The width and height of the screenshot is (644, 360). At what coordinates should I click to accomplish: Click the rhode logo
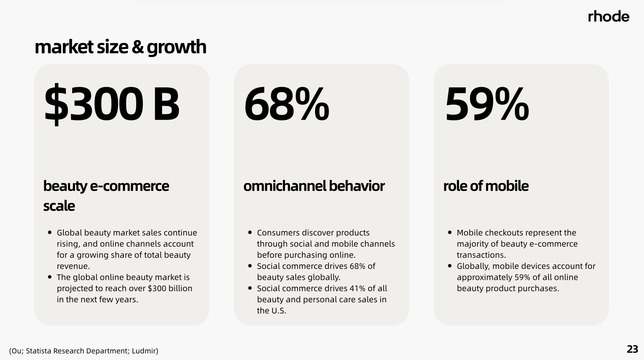point(608,16)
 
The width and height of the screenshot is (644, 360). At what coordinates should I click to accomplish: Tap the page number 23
point(632,349)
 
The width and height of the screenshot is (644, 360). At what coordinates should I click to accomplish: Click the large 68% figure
point(286,104)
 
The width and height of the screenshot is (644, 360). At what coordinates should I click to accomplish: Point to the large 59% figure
point(487,104)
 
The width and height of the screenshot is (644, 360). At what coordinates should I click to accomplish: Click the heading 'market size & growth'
point(120,47)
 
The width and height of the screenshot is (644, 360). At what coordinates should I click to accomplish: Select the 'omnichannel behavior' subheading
point(314,186)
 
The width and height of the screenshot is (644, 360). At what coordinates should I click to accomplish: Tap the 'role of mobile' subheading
point(486,186)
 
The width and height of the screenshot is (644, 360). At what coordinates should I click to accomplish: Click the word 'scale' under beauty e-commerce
point(59,206)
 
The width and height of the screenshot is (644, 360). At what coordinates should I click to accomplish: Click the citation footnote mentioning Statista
point(84,351)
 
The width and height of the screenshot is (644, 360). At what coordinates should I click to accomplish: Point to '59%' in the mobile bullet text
point(522,277)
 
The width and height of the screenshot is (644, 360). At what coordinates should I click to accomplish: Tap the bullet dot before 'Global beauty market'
point(50,232)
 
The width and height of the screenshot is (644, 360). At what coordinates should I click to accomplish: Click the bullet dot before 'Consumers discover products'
point(250,232)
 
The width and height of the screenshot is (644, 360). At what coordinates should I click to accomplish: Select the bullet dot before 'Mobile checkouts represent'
point(450,232)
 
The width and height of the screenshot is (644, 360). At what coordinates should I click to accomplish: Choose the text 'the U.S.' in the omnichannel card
point(271,311)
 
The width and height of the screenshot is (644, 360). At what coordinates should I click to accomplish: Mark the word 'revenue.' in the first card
point(73,266)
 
